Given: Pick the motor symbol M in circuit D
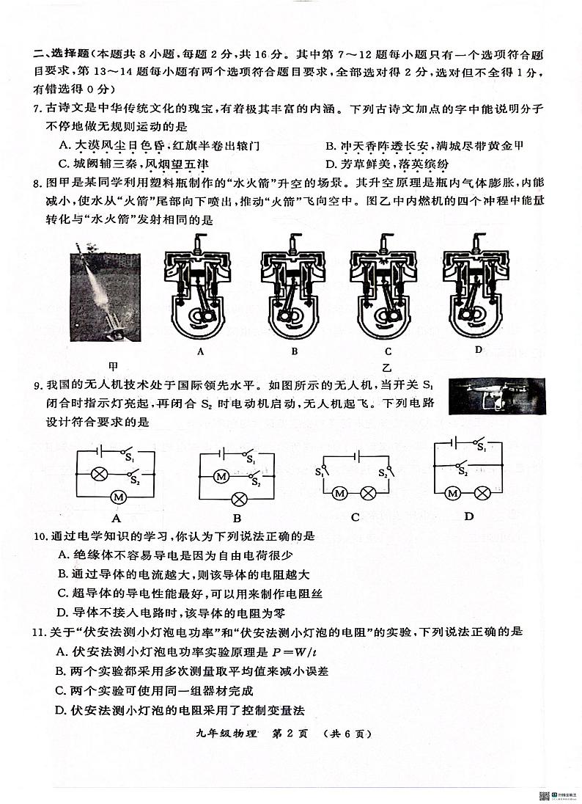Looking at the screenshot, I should click(x=453, y=493).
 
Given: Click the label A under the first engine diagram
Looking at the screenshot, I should click(x=200, y=351).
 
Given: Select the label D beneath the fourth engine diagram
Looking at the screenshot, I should click(x=478, y=350).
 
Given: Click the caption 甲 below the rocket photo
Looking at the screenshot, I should click(x=113, y=365).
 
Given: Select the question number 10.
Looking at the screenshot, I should click(x=40, y=537).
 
